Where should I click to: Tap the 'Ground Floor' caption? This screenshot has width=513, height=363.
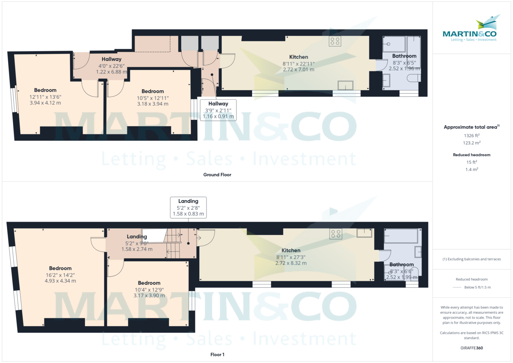coord(218,174)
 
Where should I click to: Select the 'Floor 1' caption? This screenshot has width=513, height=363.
coord(217,354)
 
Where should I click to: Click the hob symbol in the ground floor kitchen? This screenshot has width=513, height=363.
coord(335,41)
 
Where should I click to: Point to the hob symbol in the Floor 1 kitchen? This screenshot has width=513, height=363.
coord(335,233)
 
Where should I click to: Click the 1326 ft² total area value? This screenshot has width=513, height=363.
coord(472,136)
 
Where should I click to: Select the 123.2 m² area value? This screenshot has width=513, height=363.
coord(472,143)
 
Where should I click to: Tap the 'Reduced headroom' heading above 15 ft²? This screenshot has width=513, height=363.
coord(472,155)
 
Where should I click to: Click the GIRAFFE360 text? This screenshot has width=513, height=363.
coord(472,348)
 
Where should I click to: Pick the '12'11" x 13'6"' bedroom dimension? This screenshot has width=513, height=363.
coord(45,97)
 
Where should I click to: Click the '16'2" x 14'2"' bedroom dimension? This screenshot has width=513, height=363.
coord(60,275)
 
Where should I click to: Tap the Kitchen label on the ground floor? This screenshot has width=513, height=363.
coord(298,57)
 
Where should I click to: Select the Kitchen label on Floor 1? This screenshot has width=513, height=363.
coord(291,251)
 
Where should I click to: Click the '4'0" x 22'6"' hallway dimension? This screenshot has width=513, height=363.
coord(112,65)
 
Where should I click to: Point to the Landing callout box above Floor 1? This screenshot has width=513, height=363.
coord(188,207)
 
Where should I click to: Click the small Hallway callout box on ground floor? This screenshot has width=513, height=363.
coord(218,110)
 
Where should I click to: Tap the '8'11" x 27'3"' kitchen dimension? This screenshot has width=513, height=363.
coord(291,257)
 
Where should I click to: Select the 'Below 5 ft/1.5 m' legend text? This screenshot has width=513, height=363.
coord(477,287)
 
